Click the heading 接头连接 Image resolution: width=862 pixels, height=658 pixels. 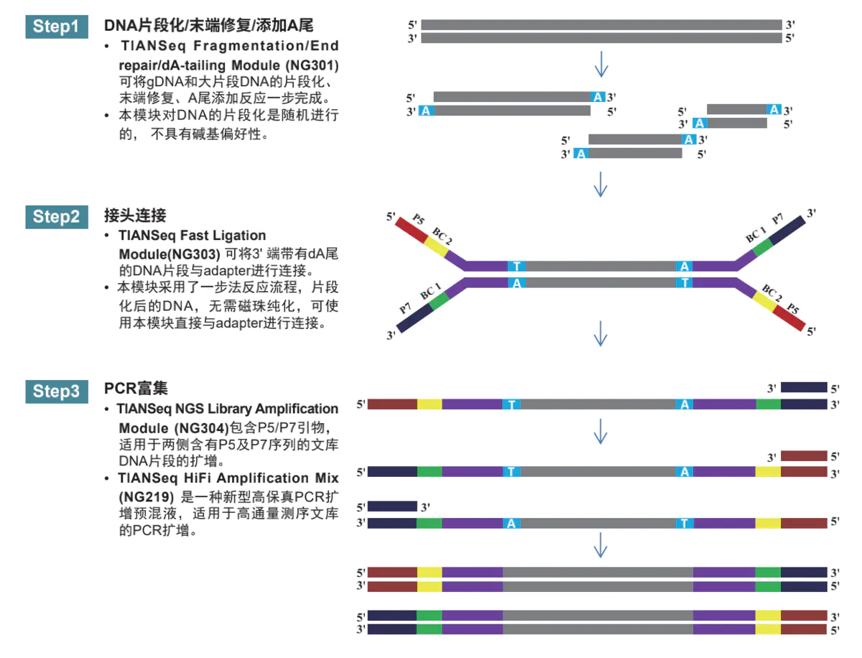135,216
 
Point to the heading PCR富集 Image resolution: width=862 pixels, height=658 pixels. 136,389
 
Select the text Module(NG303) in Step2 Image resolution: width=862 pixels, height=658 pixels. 169,253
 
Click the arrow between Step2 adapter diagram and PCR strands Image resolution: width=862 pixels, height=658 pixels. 601,334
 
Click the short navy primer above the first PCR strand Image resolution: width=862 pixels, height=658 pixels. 804,387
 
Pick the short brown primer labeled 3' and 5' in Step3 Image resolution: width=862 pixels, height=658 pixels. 804,455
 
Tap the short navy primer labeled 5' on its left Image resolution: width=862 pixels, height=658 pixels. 392,506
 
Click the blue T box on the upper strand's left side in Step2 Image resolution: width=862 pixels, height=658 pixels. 516,267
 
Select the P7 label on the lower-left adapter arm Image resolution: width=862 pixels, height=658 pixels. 405,309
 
